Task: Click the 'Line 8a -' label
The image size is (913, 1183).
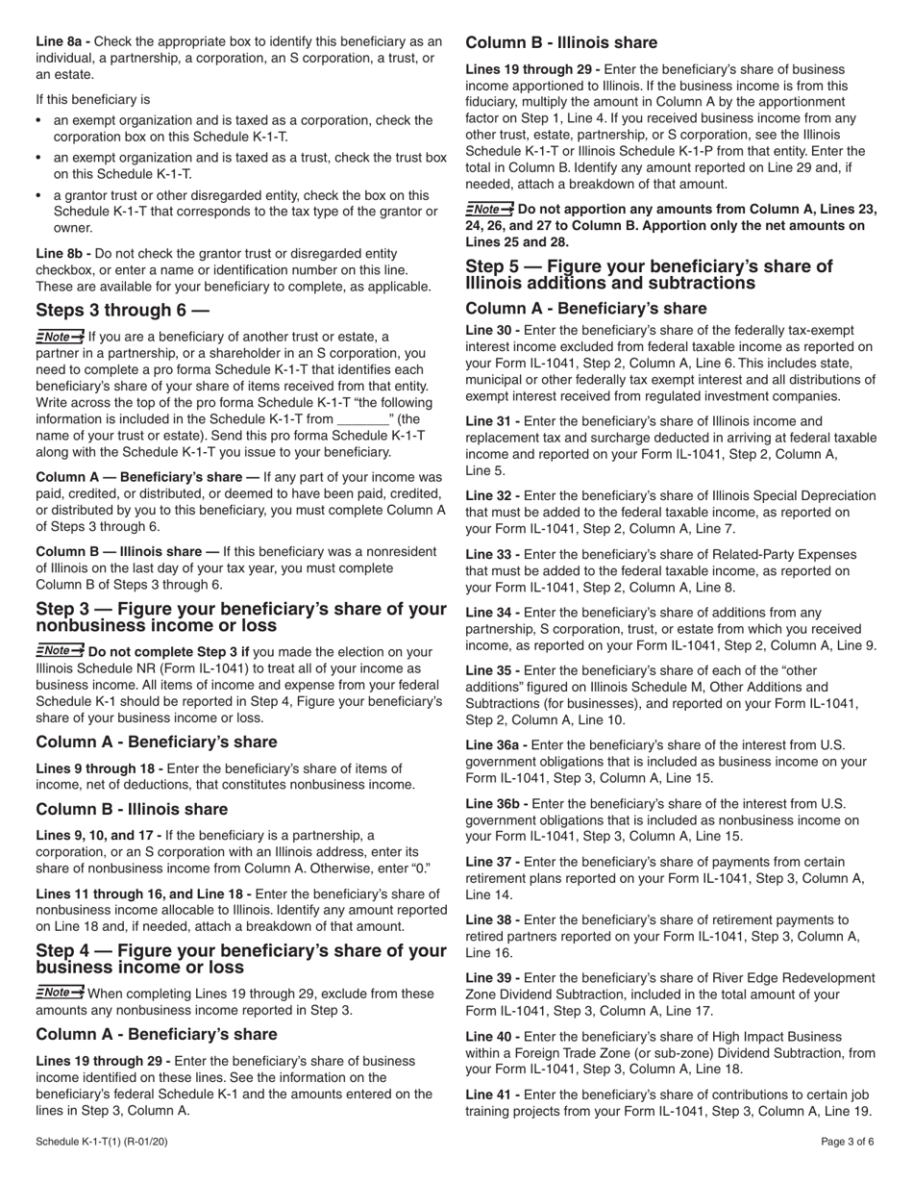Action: point(63,41)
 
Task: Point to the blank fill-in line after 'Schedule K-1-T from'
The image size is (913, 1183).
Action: point(362,419)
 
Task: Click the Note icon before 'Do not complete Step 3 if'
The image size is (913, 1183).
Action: point(60,651)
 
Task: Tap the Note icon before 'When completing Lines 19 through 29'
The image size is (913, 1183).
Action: point(60,992)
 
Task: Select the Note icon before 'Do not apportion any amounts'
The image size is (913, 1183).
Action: point(489,209)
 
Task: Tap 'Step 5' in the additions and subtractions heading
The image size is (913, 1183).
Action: point(497,266)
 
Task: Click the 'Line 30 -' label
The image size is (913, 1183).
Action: point(492,330)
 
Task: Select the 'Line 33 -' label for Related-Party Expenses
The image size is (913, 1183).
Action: point(492,555)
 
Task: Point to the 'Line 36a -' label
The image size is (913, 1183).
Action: point(496,743)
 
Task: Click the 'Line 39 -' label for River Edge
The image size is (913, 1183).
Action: point(492,977)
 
